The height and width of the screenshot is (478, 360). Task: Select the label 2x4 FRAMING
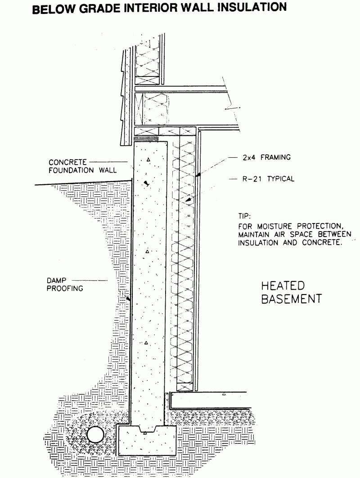tap(266, 157)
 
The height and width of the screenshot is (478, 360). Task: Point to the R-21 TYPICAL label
tap(268, 179)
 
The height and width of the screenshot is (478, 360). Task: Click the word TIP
tap(244, 216)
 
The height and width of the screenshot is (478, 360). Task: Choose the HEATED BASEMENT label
tap(291, 292)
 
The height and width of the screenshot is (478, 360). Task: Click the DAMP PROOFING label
tap(65, 284)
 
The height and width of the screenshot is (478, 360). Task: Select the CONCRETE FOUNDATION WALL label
tap(82, 166)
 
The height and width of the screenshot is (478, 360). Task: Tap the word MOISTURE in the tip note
tap(274, 226)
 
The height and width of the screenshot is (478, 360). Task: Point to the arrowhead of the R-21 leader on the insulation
tap(189, 199)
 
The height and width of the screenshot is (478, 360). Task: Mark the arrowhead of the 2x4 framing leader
tap(198, 175)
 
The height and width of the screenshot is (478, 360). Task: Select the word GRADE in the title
tap(100, 8)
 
